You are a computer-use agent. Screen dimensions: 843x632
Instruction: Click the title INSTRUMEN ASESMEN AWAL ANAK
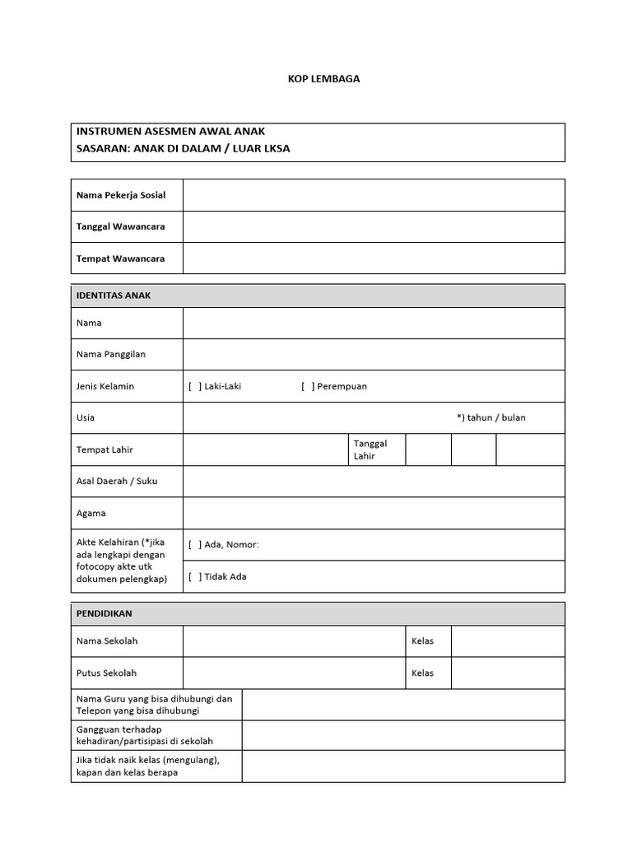170,132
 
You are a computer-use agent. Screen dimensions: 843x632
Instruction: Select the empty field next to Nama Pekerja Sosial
374,195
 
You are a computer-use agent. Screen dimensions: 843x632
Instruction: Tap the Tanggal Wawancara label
120,226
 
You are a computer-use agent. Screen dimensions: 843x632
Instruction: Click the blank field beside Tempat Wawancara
374,258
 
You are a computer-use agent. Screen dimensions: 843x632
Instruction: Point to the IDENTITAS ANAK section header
114,296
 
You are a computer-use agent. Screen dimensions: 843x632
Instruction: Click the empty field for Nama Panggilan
374,355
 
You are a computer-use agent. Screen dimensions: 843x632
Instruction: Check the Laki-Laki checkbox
195,386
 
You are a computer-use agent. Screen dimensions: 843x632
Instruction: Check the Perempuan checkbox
308,386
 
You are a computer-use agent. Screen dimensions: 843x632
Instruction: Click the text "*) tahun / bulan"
490,417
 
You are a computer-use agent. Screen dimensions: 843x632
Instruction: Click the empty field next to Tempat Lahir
263,449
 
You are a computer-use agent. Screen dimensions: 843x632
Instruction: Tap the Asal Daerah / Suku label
116,481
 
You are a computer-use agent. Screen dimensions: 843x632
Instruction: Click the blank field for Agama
374,513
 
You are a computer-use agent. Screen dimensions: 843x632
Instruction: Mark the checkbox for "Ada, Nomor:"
195,544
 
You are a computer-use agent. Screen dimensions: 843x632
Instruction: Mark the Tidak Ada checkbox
195,576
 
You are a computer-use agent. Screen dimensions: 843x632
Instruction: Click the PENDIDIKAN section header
104,613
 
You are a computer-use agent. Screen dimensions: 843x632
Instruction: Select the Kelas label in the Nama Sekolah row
422,641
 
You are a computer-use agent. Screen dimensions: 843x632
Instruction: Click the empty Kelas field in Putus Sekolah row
507,673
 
